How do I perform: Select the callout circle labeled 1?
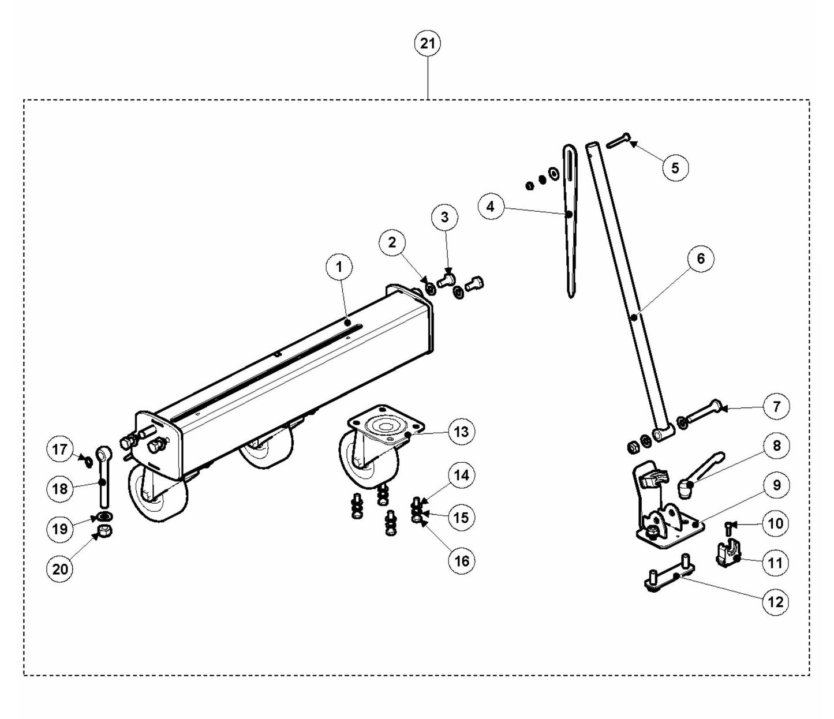click(x=339, y=267)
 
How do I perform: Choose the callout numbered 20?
click(x=61, y=569)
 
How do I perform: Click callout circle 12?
click(x=775, y=602)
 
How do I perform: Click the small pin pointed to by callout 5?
click(x=619, y=138)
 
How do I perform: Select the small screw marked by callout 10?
click(x=730, y=526)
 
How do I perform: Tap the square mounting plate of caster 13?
click(x=386, y=425)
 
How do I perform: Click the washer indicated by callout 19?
click(x=104, y=515)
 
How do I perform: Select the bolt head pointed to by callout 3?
click(x=446, y=280)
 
